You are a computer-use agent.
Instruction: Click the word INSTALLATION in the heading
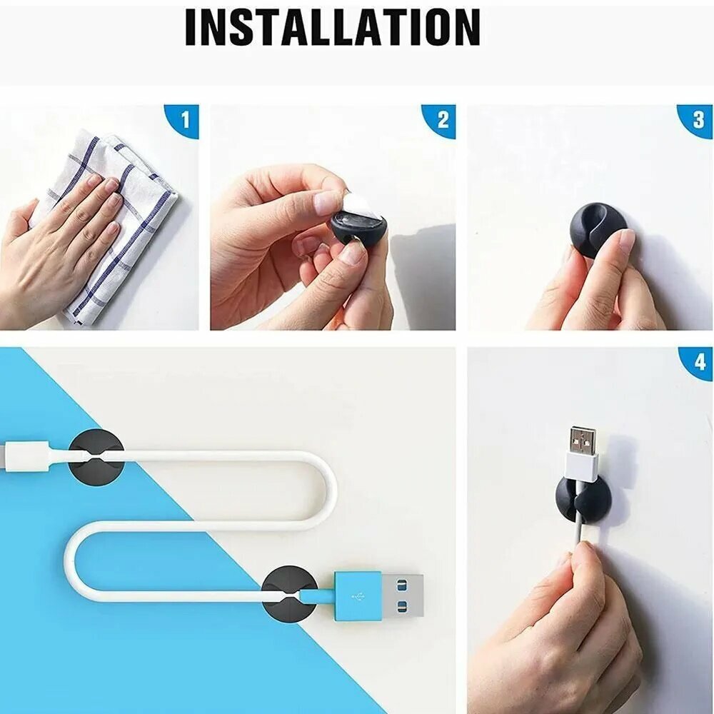tap(333, 27)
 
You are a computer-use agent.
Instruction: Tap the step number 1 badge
tap(183, 121)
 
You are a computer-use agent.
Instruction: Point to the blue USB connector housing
tap(358, 595)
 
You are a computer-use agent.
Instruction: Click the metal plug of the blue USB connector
tap(403, 595)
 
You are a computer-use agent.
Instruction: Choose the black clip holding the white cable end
tap(96, 457)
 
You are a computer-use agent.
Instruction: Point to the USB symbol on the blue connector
tap(358, 595)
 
